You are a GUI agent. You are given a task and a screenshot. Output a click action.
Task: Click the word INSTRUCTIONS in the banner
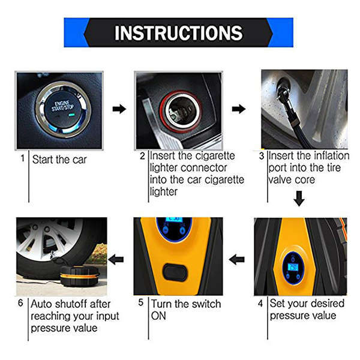pos(178,32)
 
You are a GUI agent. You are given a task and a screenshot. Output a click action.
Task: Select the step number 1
pos(22,159)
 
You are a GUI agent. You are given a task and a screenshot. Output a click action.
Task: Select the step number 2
pos(142,156)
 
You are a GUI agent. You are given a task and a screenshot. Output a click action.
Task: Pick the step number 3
pos(261,156)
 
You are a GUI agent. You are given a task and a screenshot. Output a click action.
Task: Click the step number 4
pos(261,303)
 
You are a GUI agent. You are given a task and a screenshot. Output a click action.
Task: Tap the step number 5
pos(142,303)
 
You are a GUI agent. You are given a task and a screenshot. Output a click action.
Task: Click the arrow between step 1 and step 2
pos(119,109)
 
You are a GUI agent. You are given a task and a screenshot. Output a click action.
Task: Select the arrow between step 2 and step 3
pos(239,109)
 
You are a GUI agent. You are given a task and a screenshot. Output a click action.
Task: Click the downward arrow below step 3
pos(298,197)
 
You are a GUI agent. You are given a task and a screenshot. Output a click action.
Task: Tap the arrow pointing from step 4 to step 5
pos(238,260)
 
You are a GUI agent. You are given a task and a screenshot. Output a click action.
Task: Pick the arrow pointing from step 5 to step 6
pos(116,260)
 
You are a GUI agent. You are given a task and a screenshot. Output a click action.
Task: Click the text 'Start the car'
pos(59,160)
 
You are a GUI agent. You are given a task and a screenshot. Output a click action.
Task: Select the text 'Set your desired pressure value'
pos(303,309)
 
